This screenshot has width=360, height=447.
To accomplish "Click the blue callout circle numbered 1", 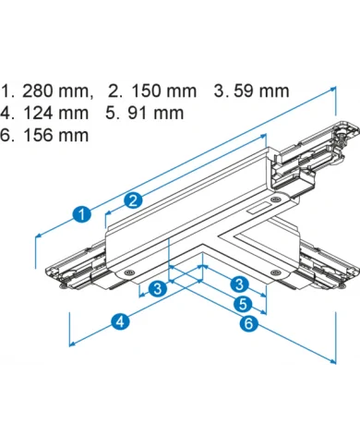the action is click(x=82, y=214).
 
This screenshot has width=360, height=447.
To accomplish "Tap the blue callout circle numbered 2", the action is click(x=133, y=200).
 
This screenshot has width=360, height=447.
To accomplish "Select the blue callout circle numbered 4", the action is click(x=120, y=321).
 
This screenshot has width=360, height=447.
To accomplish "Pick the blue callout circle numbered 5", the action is click(x=243, y=304).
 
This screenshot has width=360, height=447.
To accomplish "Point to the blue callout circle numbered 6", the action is click(x=248, y=323).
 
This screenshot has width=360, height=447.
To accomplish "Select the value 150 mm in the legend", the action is click(x=164, y=91).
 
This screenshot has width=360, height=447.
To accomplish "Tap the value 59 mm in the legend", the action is click(x=261, y=91).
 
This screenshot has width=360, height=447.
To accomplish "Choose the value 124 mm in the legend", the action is click(x=55, y=113).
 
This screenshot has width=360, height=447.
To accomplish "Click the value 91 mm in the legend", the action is click(x=156, y=113).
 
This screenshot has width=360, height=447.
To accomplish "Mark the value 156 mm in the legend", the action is click(x=56, y=135).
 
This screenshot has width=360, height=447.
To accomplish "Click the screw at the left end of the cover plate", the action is click(x=128, y=272).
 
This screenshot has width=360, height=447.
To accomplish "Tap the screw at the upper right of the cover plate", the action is click(x=275, y=199).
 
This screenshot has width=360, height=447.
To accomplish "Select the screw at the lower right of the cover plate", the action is click(x=275, y=272).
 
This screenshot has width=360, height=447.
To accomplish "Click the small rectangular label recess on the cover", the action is click(x=258, y=209).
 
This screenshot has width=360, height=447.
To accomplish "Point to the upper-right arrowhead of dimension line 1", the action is click(x=333, y=89).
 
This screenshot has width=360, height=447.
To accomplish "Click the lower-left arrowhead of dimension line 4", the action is click(x=72, y=344).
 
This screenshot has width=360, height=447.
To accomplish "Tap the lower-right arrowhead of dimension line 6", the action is click(x=332, y=361).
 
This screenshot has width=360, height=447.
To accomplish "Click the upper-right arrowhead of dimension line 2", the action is click(x=263, y=136).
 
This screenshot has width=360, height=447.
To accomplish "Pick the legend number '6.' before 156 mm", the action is click(x=6, y=135).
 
